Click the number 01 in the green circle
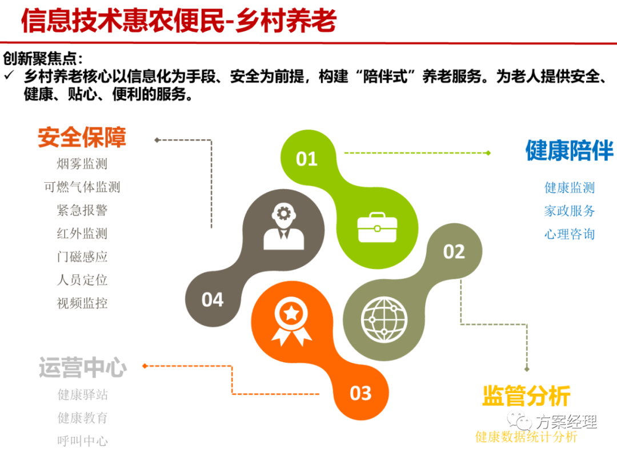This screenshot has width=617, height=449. (307, 159)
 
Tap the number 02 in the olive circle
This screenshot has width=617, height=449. (454, 252)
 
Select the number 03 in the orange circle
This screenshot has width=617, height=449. (360, 393)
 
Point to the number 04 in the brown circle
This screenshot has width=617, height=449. (213, 300)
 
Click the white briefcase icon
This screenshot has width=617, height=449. (377, 227)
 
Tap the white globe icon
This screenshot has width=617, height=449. (384, 319)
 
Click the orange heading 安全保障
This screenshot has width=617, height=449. (82, 137)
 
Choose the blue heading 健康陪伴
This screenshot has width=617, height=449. (570, 150)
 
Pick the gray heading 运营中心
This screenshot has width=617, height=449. (83, 367)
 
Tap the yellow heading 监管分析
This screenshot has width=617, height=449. (526, 395)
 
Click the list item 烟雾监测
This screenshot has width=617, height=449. (82, 164)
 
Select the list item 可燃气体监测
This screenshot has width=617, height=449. (82, 187)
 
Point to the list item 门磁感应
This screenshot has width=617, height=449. (82, 256)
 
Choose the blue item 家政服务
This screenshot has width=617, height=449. (570, 211)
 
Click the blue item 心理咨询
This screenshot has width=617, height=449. (570, 234)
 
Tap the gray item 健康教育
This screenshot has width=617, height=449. (83, 418)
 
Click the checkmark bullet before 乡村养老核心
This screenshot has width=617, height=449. (10, 75)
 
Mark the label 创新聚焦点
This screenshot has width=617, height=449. (42, 59)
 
